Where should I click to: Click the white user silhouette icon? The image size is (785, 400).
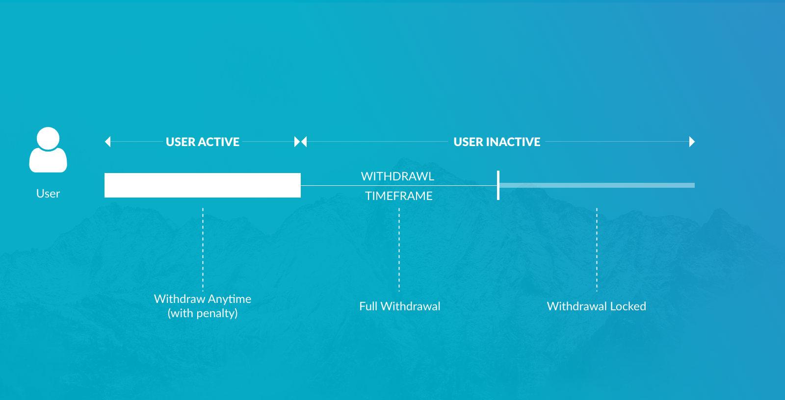tap(48, 150)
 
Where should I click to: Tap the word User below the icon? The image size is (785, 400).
tap(48, 193)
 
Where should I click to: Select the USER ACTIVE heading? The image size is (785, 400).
tap(203, 142)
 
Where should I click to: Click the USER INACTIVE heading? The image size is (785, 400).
tap(497, 142)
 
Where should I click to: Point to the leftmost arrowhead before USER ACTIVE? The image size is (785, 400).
tap(107, 142)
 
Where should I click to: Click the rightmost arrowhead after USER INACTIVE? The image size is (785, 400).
tap(692, 142)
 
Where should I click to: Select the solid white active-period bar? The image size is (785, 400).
tap(203, 185)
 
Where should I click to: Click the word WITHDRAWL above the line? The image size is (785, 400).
tap(397, 176)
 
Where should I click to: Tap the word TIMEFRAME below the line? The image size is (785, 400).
tap(399, 196)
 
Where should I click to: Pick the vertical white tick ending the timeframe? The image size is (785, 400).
tap(498, 185)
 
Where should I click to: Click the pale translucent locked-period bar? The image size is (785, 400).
tap(597, 185)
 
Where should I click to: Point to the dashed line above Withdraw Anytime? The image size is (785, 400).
tap(203, 250)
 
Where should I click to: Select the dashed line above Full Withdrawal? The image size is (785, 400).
tap(399, 250)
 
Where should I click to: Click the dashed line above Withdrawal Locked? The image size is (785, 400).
tap(597, 250)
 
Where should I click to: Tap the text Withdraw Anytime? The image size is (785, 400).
tap(203, 299)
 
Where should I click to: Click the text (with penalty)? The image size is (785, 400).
tap(203, 313)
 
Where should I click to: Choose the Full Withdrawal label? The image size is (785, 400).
tap(399, 306)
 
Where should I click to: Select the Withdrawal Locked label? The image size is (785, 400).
tap(597, 306)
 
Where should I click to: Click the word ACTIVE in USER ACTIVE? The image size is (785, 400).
tap(218, 142)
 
